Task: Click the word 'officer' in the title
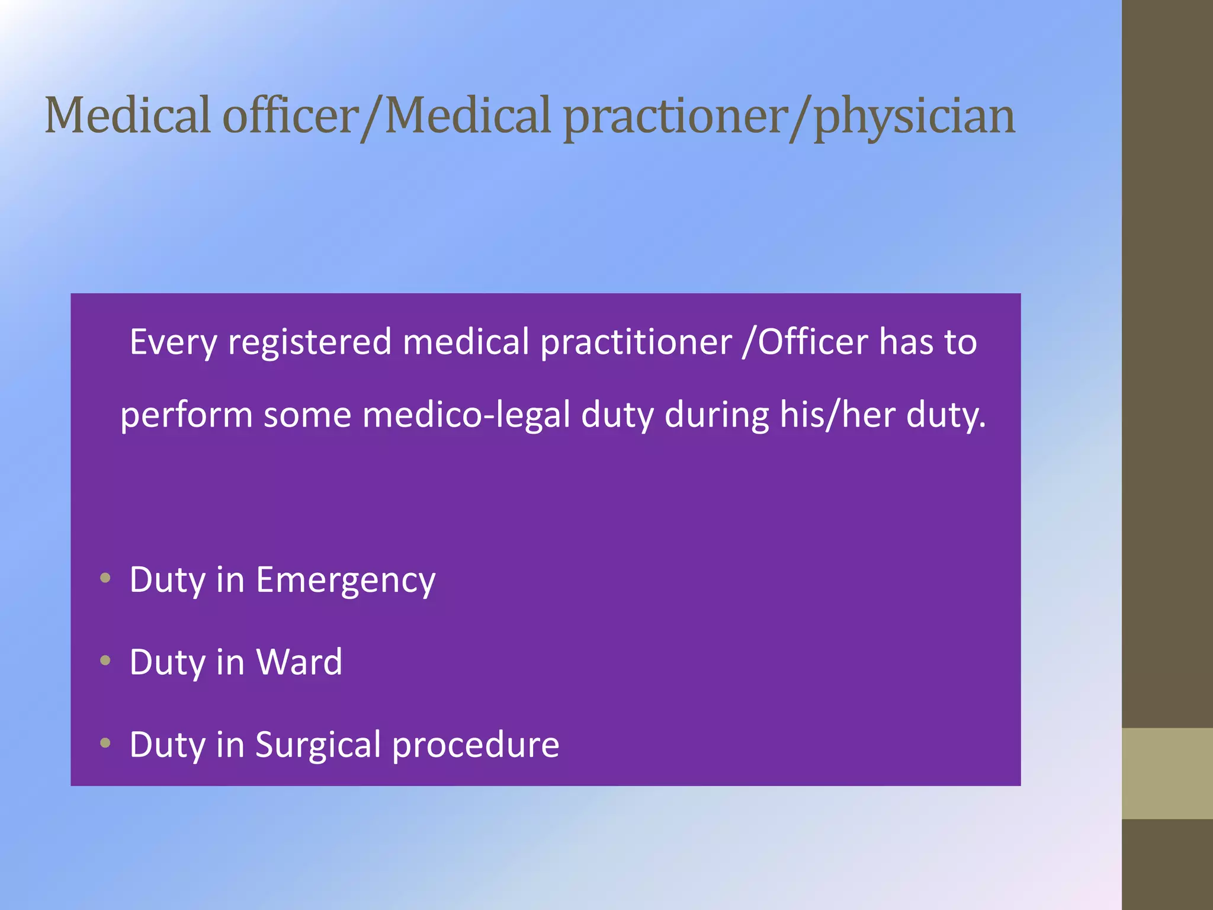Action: pos(291,116)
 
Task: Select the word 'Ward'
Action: pos(299,662)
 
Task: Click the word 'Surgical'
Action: pos(318,745)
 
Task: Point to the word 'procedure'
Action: pos(476,745)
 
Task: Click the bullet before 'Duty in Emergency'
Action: pos(105,578)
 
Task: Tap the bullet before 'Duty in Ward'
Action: pos(105,660)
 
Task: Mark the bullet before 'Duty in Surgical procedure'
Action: pos(105,742)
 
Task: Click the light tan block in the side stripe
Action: pos(1167,773)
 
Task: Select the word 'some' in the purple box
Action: pos(307,415)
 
